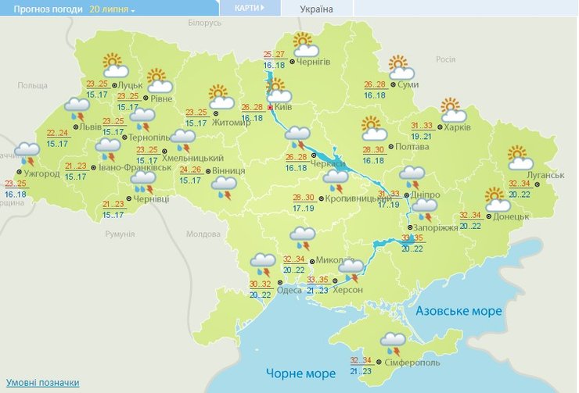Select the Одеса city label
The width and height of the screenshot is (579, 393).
[289, 290]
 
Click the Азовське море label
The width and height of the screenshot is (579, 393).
[459, 311]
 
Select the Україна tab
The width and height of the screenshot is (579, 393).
[317, 9]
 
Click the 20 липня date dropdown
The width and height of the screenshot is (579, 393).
[112, 9]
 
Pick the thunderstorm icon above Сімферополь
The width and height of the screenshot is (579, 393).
[392, 341]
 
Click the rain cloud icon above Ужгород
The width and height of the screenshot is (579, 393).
[27, 152]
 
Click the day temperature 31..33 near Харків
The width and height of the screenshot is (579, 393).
[422, 125]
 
